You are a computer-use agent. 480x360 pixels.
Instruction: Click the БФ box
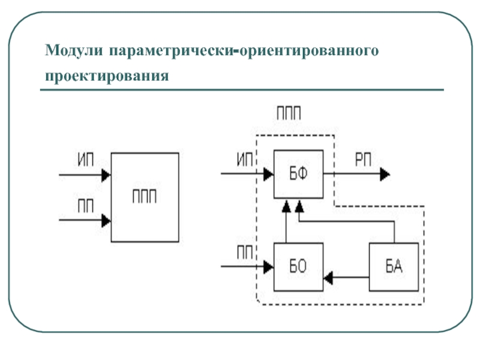click(298, 174)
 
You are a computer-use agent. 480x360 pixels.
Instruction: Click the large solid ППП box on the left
click(145, 197)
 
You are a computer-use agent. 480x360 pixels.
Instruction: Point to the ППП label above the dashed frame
click(290, 114)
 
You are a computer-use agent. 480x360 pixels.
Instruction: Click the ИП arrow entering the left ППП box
click(84, 175)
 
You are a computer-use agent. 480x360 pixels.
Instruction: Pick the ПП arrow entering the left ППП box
click(84, 220)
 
